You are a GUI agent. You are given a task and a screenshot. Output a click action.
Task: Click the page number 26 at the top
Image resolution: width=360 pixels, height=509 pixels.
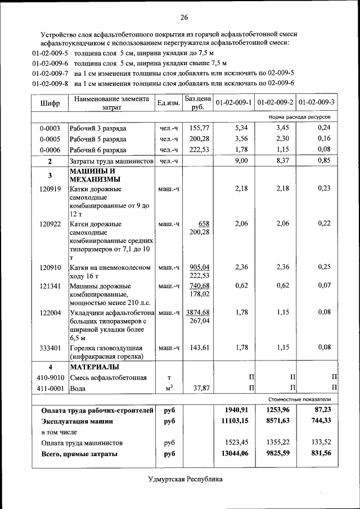(184, 16)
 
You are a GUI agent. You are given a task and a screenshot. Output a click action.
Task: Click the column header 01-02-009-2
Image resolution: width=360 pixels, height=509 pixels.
(275, 103)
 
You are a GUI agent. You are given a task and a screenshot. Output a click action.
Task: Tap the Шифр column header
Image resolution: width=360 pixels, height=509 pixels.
(50, 103)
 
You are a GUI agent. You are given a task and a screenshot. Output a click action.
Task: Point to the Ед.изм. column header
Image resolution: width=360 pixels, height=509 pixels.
(168, 103)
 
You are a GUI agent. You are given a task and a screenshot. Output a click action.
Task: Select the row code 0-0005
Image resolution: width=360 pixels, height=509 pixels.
(50, 139)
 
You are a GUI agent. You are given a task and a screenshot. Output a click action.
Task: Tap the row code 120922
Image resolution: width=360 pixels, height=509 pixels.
(50, 224)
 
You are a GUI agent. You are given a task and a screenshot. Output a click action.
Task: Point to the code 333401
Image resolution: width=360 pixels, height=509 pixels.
(50, 348)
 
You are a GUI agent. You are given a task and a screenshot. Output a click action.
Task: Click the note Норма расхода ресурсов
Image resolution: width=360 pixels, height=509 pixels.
(300, 117)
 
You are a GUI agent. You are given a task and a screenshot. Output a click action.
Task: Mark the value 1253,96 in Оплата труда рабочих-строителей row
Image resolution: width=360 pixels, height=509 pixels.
(276, 410)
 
